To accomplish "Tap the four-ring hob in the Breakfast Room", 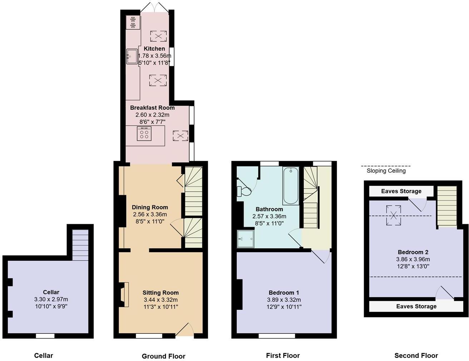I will (144, 133).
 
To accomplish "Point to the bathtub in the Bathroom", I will (291, 186).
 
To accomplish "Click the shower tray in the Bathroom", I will (246, 239).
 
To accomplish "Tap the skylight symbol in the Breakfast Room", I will (181, 136).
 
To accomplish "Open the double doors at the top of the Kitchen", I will (154, 7).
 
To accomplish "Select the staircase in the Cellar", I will (80, 245).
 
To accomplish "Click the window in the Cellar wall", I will (45, 336).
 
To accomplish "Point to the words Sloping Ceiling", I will (386, 171).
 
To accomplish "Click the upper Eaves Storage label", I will (401, 191).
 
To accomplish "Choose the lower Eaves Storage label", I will (416, 306).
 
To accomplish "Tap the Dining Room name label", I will (150, 207).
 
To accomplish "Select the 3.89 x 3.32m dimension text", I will (284, 300).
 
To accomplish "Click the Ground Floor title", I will (163, 356).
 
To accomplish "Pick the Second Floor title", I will (416, 356).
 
